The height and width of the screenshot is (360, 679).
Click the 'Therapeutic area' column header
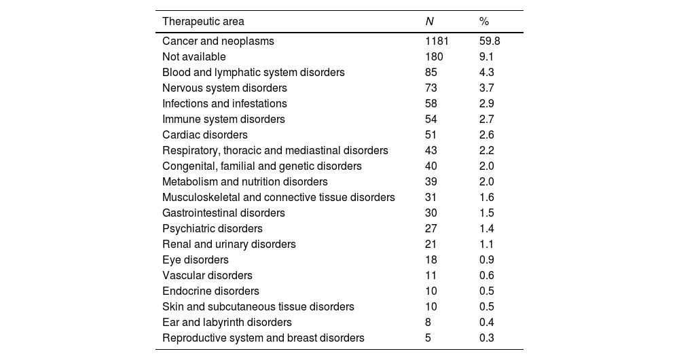[x=203, y=22]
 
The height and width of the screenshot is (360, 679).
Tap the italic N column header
[x=429, y=22]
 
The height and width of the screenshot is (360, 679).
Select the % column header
[x=484, y=22]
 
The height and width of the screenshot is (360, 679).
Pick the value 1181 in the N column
[x=437, y=41]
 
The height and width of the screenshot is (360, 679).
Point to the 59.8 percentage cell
[x=490, y=41]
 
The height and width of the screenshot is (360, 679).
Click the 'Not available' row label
[x=194, y=56]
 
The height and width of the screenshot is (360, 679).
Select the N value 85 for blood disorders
[x=431, y=72]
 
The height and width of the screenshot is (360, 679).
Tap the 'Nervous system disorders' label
[x=225, y=88]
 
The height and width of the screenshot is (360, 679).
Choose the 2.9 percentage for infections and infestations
[x=487, y=103]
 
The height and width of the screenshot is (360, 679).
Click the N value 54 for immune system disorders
[x=431, y=119]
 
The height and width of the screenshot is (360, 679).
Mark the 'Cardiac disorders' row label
[x=205, y=134]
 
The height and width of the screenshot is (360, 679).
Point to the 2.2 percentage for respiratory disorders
[x=487, y=150]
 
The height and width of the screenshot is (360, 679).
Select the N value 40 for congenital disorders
[x=431, y=166]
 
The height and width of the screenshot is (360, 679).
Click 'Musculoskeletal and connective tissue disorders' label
[x=278, y=197]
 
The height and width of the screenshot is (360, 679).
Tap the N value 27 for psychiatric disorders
[x=431, y=228]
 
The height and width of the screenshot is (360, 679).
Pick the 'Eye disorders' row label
[x=196, y=259]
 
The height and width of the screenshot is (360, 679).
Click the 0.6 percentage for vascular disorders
[x=487, y=275]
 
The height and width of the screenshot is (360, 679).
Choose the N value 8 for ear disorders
[x=428, y=322]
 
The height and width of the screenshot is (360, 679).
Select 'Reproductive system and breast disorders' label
[x=263, y=338]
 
